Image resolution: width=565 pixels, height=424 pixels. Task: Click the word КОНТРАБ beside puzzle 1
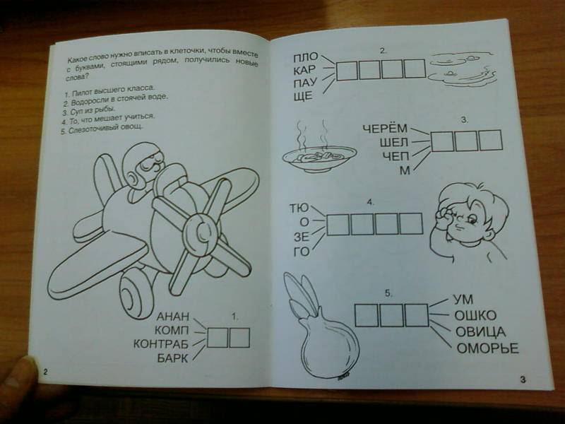(x=161, y=343)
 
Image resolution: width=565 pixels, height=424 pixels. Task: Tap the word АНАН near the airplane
(x=172, y=317)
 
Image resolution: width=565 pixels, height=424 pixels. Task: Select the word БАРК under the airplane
(x=172, y=358)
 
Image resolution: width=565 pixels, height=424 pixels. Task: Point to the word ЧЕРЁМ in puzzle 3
(x=385, y=129)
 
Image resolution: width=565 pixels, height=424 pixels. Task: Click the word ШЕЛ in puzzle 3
(x=393, y=143)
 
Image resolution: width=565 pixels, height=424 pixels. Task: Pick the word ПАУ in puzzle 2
(x=305, y=83)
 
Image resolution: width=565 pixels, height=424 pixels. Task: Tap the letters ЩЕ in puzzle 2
(x=303, y=96)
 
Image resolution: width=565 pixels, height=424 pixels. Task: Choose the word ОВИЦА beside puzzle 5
(x=480, y=331)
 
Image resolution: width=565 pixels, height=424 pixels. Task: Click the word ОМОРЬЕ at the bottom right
(x=487, y=348)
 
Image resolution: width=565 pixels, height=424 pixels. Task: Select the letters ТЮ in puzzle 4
(x=299, y=208)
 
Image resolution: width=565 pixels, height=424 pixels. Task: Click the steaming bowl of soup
(x=319, y=151)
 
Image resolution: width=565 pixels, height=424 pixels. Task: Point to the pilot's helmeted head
(x=143, y=165)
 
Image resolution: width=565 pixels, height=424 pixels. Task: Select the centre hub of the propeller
(x=201, y=231)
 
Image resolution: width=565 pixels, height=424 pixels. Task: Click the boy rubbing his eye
(x=468, y=223)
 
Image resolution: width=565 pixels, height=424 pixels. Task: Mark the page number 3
(x=523, y=379)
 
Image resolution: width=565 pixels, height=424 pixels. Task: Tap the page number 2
(x=45, y=372)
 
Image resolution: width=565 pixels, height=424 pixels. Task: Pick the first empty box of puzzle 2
(x=347, y=71)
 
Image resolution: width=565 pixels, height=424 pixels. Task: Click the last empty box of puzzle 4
(x=410, y=224)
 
